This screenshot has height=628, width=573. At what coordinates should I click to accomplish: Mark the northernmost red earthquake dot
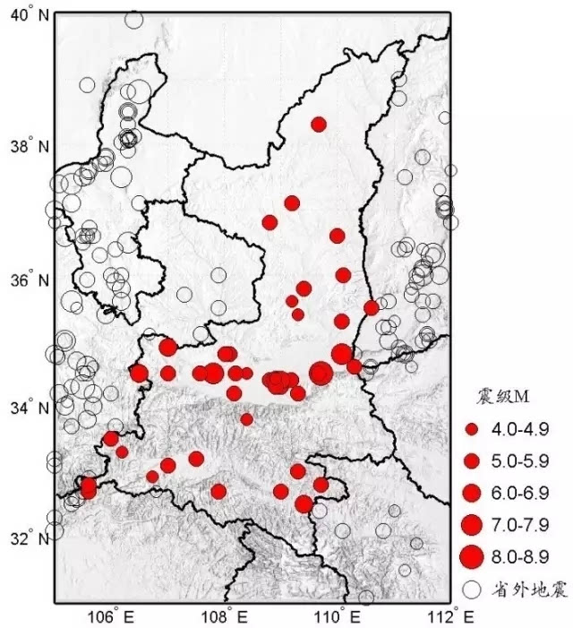tap(319, 124)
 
